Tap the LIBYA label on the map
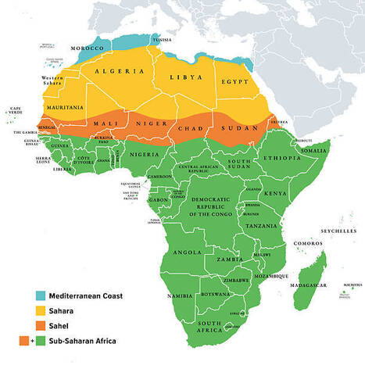(x=181, y=77)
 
